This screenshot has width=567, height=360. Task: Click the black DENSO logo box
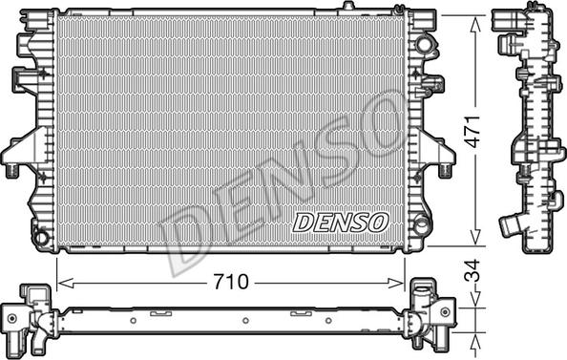pos(341,222)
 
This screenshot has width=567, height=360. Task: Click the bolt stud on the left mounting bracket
pos(12,170)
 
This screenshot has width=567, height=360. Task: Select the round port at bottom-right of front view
pos(421,226)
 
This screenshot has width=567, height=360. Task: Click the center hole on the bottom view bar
pos(244,321)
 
